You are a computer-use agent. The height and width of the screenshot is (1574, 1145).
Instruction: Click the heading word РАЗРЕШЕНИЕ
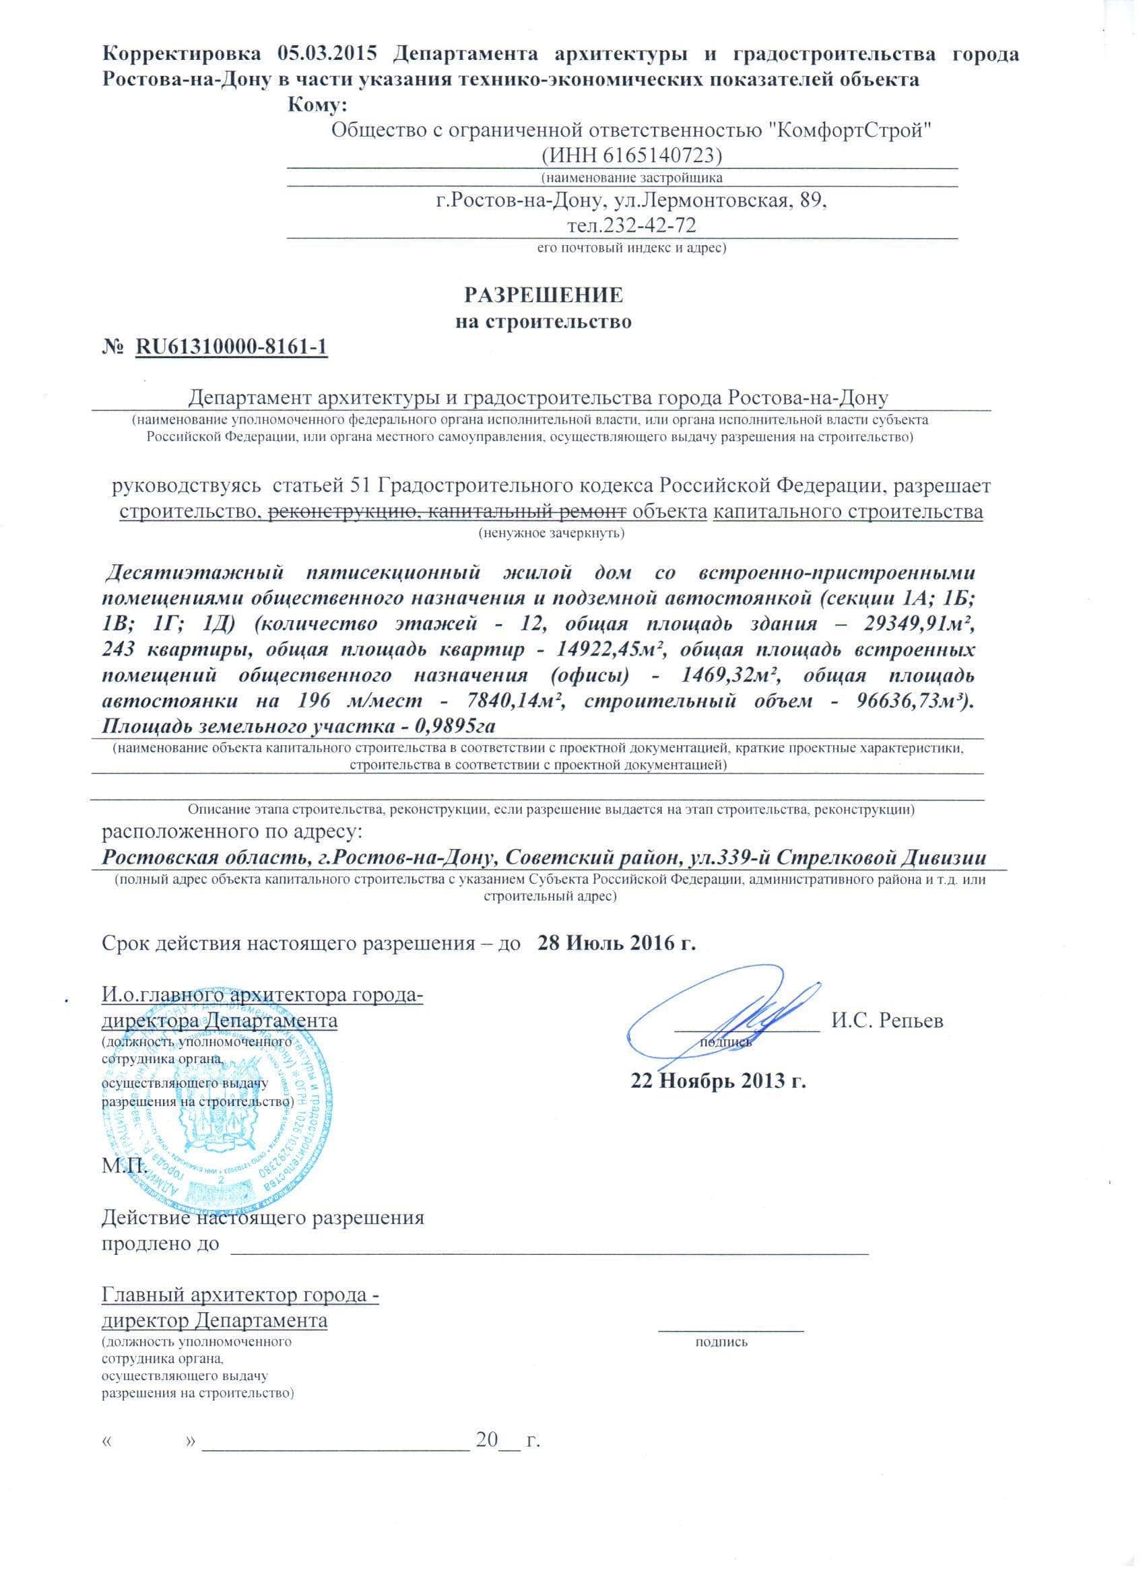(x=543, y=296)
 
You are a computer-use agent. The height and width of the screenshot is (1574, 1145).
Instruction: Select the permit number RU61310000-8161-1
(x=231, y=347)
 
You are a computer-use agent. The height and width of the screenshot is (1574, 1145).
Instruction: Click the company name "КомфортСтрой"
(x=851, y=130)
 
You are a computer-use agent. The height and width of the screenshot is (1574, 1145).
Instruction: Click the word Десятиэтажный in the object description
(x=194, y=573)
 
